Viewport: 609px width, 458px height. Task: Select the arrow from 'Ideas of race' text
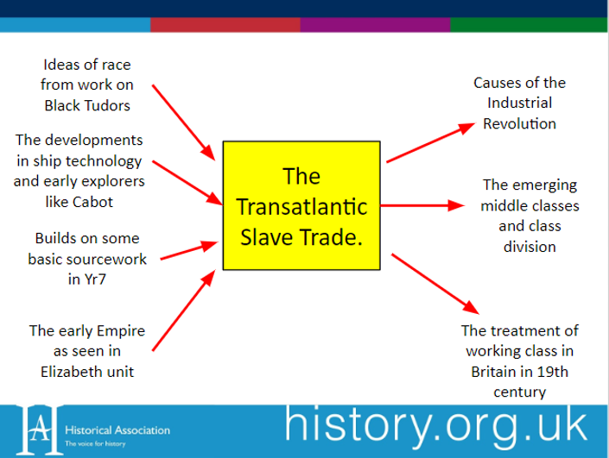184,122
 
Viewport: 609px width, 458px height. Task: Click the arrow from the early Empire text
185,312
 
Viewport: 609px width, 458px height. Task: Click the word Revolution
519,123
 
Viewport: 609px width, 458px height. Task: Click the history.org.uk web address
435,426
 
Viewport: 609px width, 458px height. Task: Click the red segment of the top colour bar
225,24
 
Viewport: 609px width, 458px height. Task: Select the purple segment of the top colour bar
375,24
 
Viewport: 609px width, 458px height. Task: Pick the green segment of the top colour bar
529,24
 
